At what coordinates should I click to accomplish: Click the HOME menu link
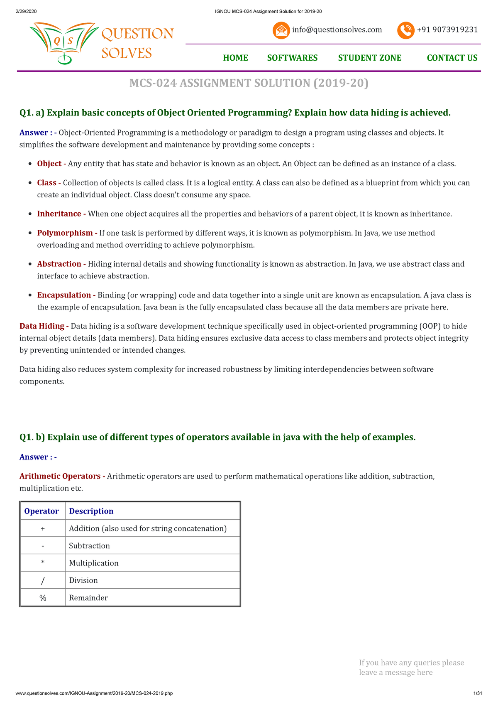point(235,58)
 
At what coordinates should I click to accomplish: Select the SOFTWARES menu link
point(292,58)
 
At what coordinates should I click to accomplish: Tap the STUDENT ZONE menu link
point(369,58)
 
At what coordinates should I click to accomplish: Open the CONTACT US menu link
point(452,58)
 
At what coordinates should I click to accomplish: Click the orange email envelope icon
point(281,30)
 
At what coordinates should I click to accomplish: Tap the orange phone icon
point(405,30)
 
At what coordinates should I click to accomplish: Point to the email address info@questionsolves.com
point(337,29)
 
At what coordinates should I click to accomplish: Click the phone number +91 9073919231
point(447,29)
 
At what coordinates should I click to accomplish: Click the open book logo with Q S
point(63,42)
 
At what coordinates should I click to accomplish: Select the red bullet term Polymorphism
point(65,233)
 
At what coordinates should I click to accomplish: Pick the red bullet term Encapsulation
point(64,295)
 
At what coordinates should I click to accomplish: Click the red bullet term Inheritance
point(59,214)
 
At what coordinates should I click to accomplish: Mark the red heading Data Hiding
point(41,326)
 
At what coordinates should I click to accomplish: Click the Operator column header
point(41,511)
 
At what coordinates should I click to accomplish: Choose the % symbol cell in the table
point(43,598)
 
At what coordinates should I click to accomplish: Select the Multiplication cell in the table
point(94,563)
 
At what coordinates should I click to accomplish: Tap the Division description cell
point(83,580)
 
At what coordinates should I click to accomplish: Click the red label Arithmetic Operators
point(60,476)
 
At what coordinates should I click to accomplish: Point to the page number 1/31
point(477,693)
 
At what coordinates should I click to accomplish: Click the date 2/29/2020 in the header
point(26,11)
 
